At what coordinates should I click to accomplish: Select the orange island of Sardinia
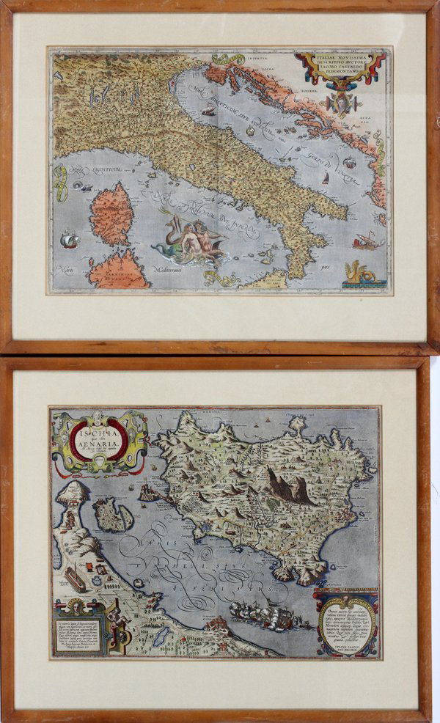pyautogui.click(x=117, y=269)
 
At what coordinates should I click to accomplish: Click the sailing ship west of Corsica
pyautogui.click(x=68, y=239)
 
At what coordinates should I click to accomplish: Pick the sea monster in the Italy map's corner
pyautogui.click(x=359, y=274)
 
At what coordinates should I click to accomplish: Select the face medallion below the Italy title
pyautogui.click(x=340, y=102)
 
